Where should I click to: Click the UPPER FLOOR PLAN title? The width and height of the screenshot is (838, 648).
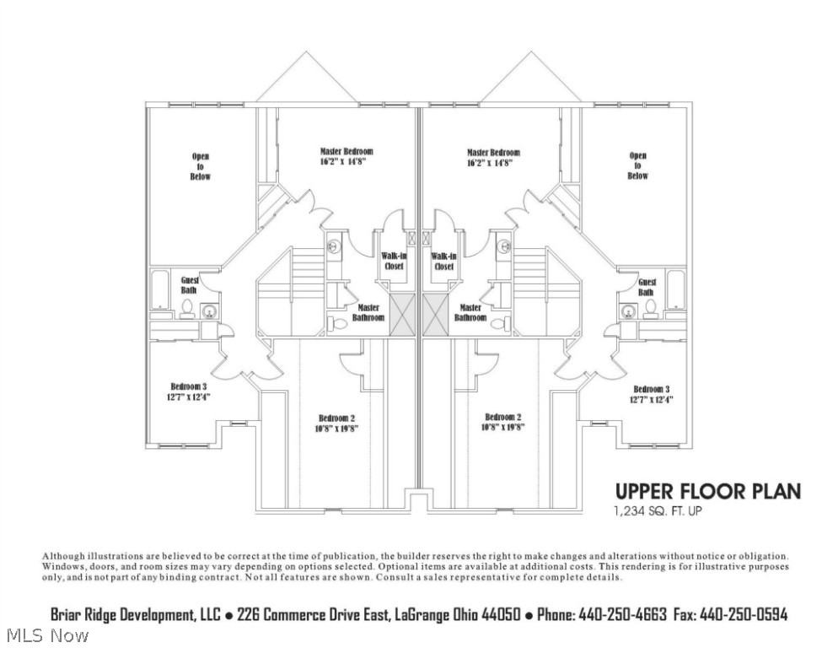(x=707, y=491)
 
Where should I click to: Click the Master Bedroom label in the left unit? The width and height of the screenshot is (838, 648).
(x=346, y=152)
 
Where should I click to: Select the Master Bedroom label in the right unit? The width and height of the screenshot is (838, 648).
(x=493, y=153)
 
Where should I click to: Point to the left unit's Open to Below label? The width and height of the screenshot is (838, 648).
(x=200, y=166)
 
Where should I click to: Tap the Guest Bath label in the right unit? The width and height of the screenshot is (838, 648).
(x=647, y=287)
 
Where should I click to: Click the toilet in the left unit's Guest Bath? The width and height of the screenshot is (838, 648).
(x=187, y=310)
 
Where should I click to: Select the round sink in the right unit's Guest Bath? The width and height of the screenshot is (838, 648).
(x=628, y=312)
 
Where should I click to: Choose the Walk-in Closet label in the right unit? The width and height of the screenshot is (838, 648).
(x=443, y=261)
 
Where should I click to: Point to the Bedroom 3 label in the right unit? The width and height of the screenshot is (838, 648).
(x=652, y=389)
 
